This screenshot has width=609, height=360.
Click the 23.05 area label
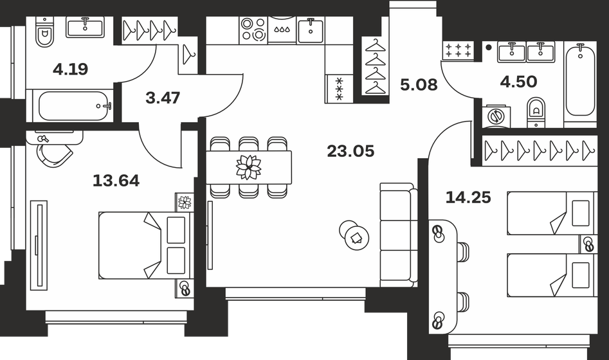click(350, 152)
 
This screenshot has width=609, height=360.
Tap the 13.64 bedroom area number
click(116, 181)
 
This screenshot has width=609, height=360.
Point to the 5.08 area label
click(418, 85)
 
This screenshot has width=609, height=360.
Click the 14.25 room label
click(468, 197)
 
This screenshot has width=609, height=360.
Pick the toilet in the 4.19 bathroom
click(44, 36)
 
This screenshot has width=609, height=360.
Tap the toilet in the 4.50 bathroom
click(535, 111)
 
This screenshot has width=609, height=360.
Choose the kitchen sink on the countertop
click(311, 30)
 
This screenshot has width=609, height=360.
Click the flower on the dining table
click(248, 166)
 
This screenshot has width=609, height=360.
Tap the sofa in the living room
click(396, 235)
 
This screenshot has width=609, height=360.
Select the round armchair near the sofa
click(354, 236)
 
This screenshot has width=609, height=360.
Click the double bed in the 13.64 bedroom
click(145, 245)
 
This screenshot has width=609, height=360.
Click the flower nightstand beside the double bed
click(184, 202)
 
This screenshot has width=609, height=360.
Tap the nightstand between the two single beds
click(588, 244)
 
